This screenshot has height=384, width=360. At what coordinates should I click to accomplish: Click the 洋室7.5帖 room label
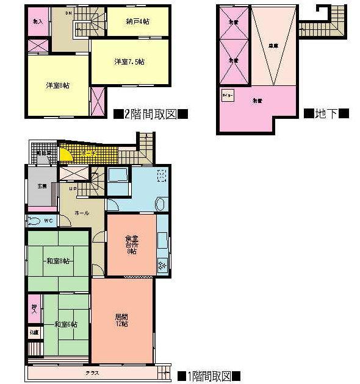[129, 62]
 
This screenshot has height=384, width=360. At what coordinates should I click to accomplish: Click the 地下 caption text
[326, 113]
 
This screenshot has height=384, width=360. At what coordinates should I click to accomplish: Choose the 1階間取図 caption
[209, 375]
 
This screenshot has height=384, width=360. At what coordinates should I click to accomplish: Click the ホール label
[82, 213]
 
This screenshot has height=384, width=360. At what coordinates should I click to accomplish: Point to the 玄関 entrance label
[41, 186]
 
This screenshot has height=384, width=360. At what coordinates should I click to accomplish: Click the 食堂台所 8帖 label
[131, 246]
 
